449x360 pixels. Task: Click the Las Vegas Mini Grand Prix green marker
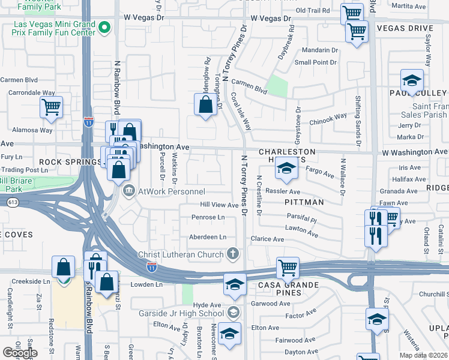coord(104,28)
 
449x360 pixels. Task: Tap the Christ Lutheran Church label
coord(180,254)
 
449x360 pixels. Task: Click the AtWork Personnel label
coord(172,191)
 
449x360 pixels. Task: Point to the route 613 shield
coord(13,202)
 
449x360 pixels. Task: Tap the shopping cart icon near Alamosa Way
coord(51,107)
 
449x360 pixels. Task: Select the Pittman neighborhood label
coord(304,202)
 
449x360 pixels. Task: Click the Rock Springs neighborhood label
coord(70,162)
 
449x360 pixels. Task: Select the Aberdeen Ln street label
coord(208,237)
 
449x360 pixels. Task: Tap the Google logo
coord(20,352)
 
